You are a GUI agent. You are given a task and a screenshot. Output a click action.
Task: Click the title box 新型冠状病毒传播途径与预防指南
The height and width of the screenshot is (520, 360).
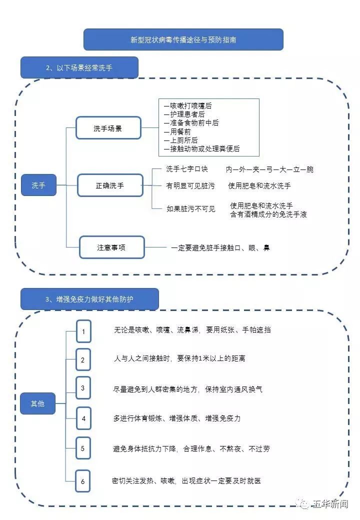click(x=183, y=39)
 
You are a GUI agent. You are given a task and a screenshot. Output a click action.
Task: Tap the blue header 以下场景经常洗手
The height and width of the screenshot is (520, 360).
click(x=79, y=67)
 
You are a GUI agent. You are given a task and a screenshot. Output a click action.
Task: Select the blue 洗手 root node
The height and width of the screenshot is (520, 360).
click(x=38, y=185)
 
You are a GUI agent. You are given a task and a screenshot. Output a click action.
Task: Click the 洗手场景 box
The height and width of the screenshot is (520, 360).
click(x=108, y=128)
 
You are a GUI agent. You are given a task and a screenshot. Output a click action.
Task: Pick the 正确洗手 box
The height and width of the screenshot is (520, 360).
click(x=110, y=185)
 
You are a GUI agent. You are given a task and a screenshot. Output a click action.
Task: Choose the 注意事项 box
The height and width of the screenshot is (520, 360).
click(x=111, y=247)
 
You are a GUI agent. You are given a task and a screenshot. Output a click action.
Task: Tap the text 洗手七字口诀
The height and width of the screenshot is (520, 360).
click(x=186, y=169)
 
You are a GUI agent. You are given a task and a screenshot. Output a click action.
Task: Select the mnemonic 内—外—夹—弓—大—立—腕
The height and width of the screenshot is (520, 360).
click(x=269, y=169)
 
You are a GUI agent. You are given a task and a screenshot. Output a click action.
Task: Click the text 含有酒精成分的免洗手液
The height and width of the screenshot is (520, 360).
click(x=268, y=214)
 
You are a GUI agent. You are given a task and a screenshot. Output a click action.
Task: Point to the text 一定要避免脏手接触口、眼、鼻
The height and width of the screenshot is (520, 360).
click(x=220, y=247)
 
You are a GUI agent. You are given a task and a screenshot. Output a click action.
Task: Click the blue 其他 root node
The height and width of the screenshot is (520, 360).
click(x=37, y=403)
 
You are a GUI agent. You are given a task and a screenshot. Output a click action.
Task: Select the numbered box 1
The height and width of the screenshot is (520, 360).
click(x=83, y=331)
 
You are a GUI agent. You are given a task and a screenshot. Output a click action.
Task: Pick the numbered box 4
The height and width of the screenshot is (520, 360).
click(x=83, y=418)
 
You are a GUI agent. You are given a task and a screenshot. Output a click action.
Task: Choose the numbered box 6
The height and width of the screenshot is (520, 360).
click(x=83, y=482)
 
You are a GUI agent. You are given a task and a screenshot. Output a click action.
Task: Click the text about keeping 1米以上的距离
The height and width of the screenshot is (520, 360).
click(x=179, y=358)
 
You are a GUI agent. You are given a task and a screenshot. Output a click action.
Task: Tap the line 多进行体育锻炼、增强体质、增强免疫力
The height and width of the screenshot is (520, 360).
click(x=177, y=418)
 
